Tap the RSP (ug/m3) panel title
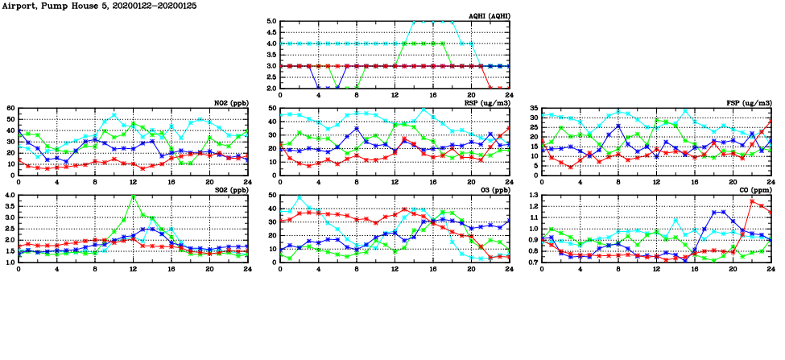click(486, 103)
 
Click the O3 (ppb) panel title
click(493, 190)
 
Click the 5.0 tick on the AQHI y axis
click(271, 22)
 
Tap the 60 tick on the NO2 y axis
click(10, 108)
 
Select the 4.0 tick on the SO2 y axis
click(9, 196)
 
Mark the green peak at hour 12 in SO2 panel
click(133, 197)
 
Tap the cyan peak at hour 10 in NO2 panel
click(114, 114)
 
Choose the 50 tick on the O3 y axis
click(272, 196)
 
